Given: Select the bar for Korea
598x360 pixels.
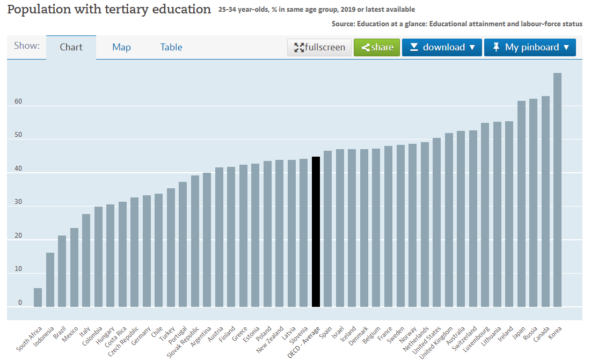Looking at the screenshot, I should pyautogui.click(x=557, y=190).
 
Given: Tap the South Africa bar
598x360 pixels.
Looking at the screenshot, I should pyautogui.click(x=38, y=297).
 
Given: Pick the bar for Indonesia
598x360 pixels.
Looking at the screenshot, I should pyautogui.click(x=50, y=280).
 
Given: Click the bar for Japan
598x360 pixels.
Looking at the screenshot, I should pyautogui.click(x=521, y=204).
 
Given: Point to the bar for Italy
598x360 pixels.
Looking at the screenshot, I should pyautogui.click(x=86, y=260).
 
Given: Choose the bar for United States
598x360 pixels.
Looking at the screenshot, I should pyautogui.click(x=436, y=222).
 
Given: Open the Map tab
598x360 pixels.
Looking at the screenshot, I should pyautogui.click(x=121, y=47).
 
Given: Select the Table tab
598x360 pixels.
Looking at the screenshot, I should pyautogui.click(x=171, y=47).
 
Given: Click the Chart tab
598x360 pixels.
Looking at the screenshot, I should pyautogui.click(x=71, y=47).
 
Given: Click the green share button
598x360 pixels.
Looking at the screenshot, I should pyautogui.click(x=377, y=47).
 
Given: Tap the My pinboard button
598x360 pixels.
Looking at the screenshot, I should pyautogui.click(x=530, y=47).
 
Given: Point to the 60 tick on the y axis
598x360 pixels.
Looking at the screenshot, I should pyautogui.click(x=19, y=101).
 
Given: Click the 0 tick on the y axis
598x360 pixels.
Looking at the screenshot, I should pyautogui.click(x=20, y=303).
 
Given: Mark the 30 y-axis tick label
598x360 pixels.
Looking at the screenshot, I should pyautogui.click(x=19, y=202).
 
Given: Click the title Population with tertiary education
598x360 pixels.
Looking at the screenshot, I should pyautogui.click(x=109, y=10).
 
